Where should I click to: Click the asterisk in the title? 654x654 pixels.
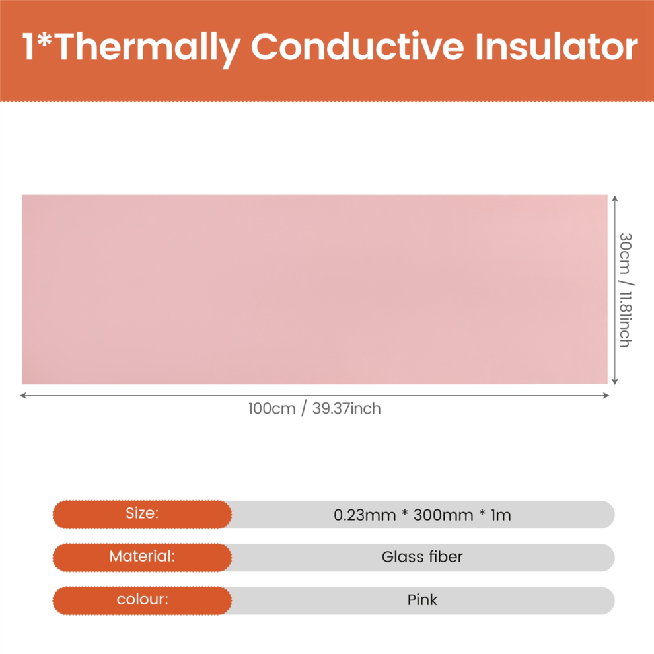click(44, 40)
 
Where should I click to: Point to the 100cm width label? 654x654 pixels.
click(272, 408)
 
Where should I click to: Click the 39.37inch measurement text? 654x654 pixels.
click(347, 408)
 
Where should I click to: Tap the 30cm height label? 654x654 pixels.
click(625, 254)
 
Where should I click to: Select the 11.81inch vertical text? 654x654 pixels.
click(625, 320)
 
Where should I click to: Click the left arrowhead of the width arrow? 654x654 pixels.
click(22, 396)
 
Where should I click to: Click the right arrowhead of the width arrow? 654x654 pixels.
click(606, 396)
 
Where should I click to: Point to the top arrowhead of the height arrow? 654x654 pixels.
click(614, 198)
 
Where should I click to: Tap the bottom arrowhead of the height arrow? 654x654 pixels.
click(614, 381)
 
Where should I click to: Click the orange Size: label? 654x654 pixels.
click(142, 513)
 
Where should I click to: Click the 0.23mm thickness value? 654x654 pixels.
click(365, 515)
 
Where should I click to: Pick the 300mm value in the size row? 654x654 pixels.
click(443, 515)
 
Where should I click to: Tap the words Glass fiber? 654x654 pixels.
click(422, 557)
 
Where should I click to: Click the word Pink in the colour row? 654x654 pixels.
click(422, 600)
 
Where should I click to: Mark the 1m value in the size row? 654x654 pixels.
click(501, 515)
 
